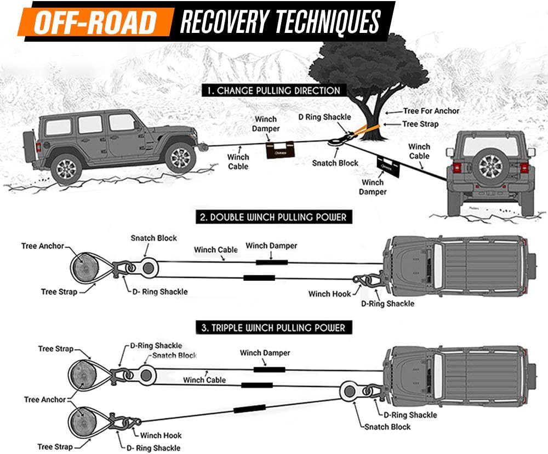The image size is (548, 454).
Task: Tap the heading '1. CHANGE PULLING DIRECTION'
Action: (x=273, y=90)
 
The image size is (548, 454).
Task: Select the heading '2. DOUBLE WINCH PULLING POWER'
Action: (x=272, y=217)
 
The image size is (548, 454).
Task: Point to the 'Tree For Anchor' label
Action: (x=431, y=111)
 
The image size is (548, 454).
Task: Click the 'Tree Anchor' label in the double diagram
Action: (x=43, y=246)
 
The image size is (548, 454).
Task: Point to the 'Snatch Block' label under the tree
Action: (x=335, y=163)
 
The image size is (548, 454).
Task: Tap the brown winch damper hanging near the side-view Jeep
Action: (x=280, y=150)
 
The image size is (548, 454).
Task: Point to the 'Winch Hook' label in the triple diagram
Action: (x=161, y=436)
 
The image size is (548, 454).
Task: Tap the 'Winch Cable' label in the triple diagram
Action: (x=204, y=380)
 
